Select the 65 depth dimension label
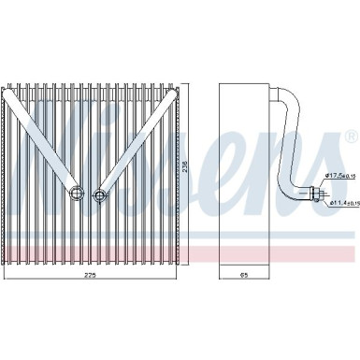click(245, 276)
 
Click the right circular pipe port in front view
click(99, 194)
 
